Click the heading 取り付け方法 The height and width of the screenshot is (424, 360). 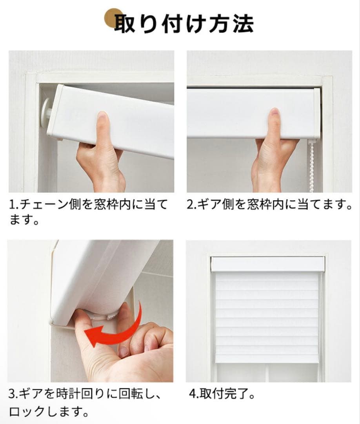[184, 23]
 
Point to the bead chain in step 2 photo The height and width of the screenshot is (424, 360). [312, 167]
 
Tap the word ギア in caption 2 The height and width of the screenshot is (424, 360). [206, 205]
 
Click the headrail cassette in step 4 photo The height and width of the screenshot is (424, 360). [267, 264]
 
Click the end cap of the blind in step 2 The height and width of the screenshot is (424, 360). [317, 114]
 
